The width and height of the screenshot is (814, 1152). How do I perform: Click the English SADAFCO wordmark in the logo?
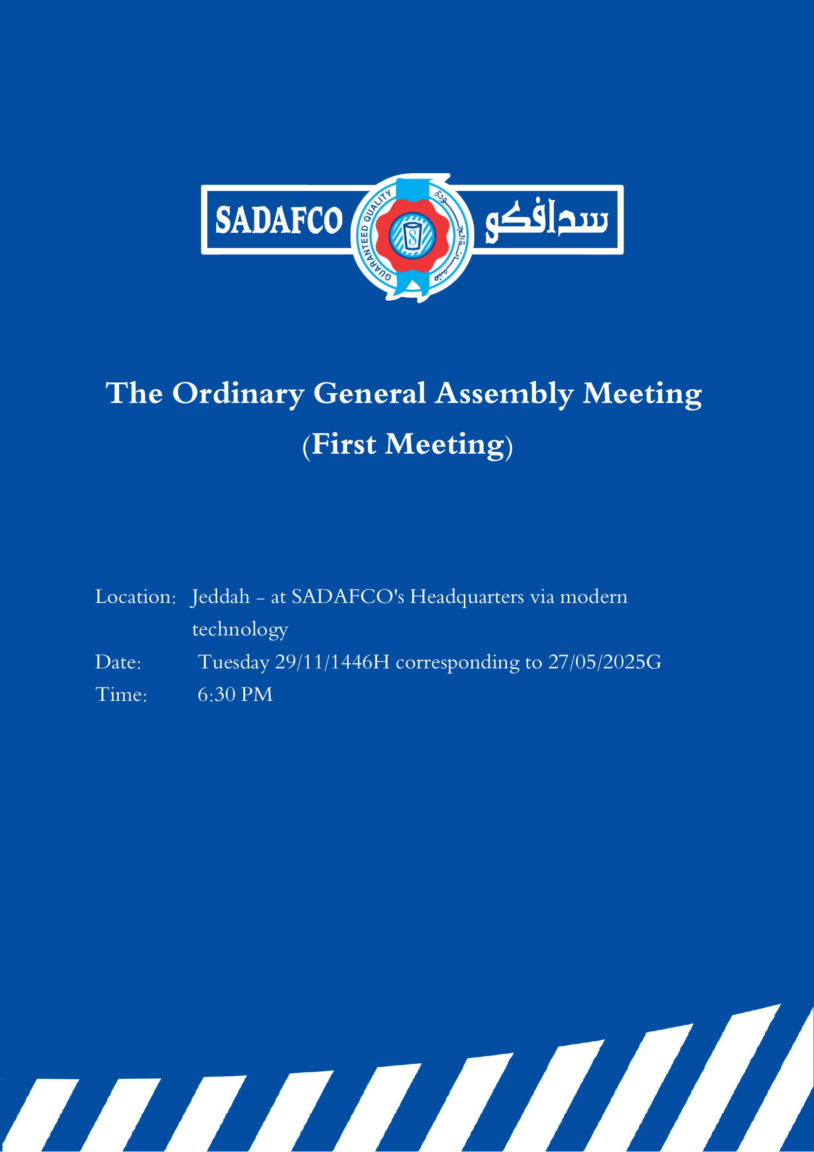(x=279, y=220)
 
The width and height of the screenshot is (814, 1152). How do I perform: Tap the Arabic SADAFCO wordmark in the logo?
(x=546, y=221)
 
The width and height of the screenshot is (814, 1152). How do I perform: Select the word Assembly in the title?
(x=504, y=394)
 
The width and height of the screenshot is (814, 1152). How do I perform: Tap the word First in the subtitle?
(x=344, y=444)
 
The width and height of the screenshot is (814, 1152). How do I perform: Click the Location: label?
(x=135, y=597)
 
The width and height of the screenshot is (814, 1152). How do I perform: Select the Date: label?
(x=119, y=662)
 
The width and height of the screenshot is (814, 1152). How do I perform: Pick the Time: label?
(x=121, y=695)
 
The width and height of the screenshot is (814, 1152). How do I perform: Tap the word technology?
(x=240, y=630)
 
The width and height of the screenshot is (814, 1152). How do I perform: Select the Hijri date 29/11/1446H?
(x=332, y=662)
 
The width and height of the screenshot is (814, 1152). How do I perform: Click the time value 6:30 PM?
(x=235, y=695)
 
